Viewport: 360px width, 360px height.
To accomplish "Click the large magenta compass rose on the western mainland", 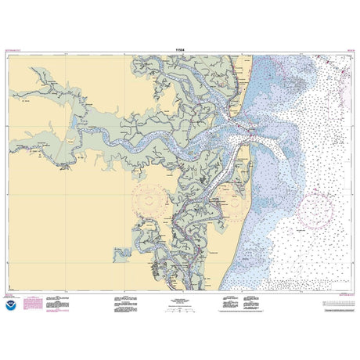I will pyautogui.click(x=153, y=202).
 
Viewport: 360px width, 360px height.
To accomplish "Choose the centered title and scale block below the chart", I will pyautogui.click(x=180, y=301).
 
